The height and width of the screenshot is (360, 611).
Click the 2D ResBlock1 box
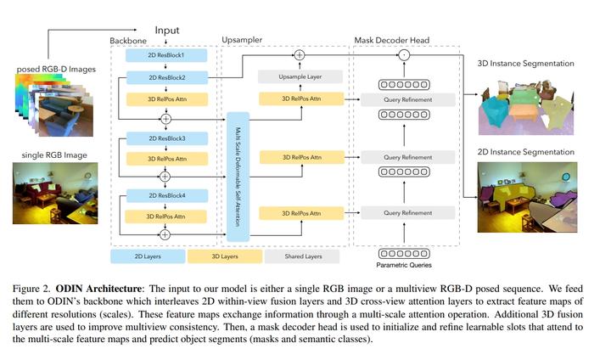pyautogui.click(x=166, y=55)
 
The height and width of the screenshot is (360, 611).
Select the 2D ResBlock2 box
pyautogui.click(x=167, y=77)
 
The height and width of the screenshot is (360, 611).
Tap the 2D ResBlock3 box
pyautogui.click(x=167, y=138)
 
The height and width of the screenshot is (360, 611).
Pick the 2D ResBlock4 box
pyautogui.click(x=167, y=196)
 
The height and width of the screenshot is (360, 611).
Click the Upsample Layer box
pyautogui.click(x=300, y=76)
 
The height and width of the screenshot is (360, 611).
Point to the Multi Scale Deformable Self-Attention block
pyautogui.click(x=238, y=177)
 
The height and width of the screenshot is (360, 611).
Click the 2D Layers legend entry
pyautogui.click(x=148, y=256)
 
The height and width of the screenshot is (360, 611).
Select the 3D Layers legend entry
pyautogui.click(x=225, y=256)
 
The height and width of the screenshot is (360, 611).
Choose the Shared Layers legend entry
pyautogui.click(x=302, y=256)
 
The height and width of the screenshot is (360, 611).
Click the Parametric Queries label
pyautogui.click(x=404, y=265)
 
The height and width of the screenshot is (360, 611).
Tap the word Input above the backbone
pyautogui.click(x=167, y=30)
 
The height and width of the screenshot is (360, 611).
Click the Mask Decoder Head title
pyautogui.click(x=391, y=40)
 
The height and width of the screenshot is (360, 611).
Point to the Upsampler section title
pyautogui.click(x=242, y=40)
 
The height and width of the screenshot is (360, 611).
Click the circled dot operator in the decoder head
pyautogui.click(x=404, y=55)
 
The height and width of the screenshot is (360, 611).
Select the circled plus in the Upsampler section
pyautogui.click(x=300, y=55)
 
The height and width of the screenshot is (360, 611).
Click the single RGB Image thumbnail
pyautogui.click(x=55, y=194)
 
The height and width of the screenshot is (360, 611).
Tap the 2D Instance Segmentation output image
pyautogui.click(x=527, y=197)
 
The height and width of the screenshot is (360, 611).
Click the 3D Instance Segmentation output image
pyautogui.click(x=526, y=107)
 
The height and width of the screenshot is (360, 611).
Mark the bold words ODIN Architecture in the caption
pyautogui.click(x=98, y=289)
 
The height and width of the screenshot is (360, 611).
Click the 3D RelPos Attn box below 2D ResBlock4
pyautogui.click(x=166, y=217)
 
